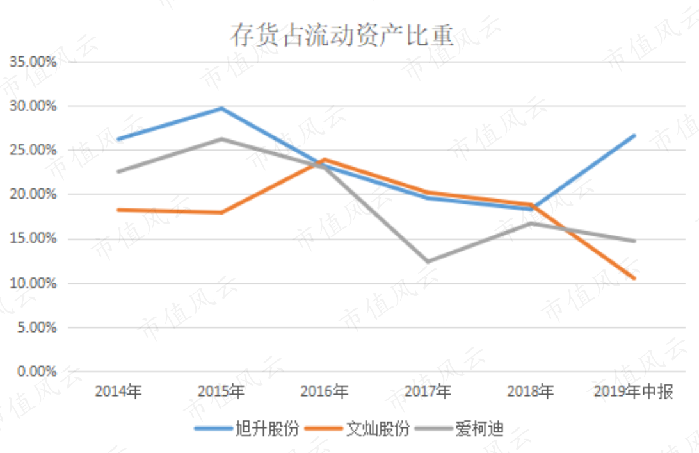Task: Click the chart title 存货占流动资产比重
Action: tap(342, 35)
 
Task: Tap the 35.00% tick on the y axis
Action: tap(33, 62)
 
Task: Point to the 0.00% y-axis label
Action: tap(37, 372)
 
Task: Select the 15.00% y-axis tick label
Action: tap(33, 238)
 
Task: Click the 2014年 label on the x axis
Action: tap(118, 391)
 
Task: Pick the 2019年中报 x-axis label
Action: tap(633, 391)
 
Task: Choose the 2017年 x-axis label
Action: tap(428, 391)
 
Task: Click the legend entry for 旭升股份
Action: tap(246, 429)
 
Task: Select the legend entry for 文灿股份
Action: tap(357, 429)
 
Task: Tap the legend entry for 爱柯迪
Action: tap(459, 429)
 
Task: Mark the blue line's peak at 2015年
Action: tap(221, 108)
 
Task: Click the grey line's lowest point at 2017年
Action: tap(428, 261)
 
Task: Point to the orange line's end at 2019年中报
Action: tap(634, 278)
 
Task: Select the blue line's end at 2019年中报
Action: tap(634, 135)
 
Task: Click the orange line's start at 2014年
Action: tap(118, 210)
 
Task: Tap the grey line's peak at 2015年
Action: tap(221, 139)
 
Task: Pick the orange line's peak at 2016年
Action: tap(325, 159)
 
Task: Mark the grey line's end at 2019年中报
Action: tap(634, 241)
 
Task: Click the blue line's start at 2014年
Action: tap(118, 139)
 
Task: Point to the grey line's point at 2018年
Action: tap(531, 223)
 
